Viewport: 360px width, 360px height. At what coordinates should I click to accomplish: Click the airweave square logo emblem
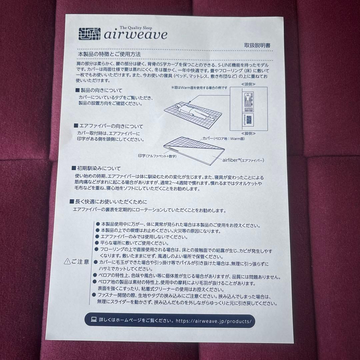89,33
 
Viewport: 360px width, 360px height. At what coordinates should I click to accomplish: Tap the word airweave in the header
135,35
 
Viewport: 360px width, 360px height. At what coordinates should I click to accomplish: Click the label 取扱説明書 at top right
257,46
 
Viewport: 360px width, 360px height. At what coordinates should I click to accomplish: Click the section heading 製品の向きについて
99,90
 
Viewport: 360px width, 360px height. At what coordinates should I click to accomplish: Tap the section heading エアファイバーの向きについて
109,126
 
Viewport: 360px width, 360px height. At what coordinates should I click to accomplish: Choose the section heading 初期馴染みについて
96,169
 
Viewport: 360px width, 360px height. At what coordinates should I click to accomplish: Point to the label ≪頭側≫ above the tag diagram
248,85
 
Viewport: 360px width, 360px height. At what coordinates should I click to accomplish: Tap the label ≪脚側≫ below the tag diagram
248,133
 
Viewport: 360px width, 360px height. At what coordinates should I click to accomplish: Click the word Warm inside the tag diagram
248,109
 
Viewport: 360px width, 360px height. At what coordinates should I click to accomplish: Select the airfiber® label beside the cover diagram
243,160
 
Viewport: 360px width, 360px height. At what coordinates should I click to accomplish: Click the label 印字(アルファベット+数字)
157,156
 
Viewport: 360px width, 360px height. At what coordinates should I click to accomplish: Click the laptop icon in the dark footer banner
94,320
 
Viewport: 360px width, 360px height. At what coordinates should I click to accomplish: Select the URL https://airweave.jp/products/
215,321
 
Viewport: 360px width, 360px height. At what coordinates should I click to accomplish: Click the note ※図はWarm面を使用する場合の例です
199,88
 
